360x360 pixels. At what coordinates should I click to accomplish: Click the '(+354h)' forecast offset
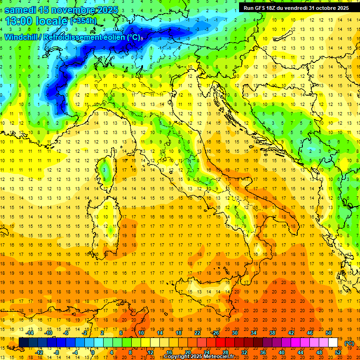(x=83, y=21)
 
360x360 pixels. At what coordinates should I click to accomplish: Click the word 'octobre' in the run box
(x=321, y=8)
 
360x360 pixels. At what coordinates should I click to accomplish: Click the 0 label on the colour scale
(x=93, y=352)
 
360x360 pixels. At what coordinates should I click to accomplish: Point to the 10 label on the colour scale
(x=141, y=333)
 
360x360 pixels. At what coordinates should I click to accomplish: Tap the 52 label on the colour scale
(x=338, y=352)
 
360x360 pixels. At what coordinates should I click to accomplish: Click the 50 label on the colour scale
(x=329, y=333)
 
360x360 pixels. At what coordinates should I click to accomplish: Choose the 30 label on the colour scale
(x=234, y=333)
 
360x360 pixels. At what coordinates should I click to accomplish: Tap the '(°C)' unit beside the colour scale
(x=349, y=343)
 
